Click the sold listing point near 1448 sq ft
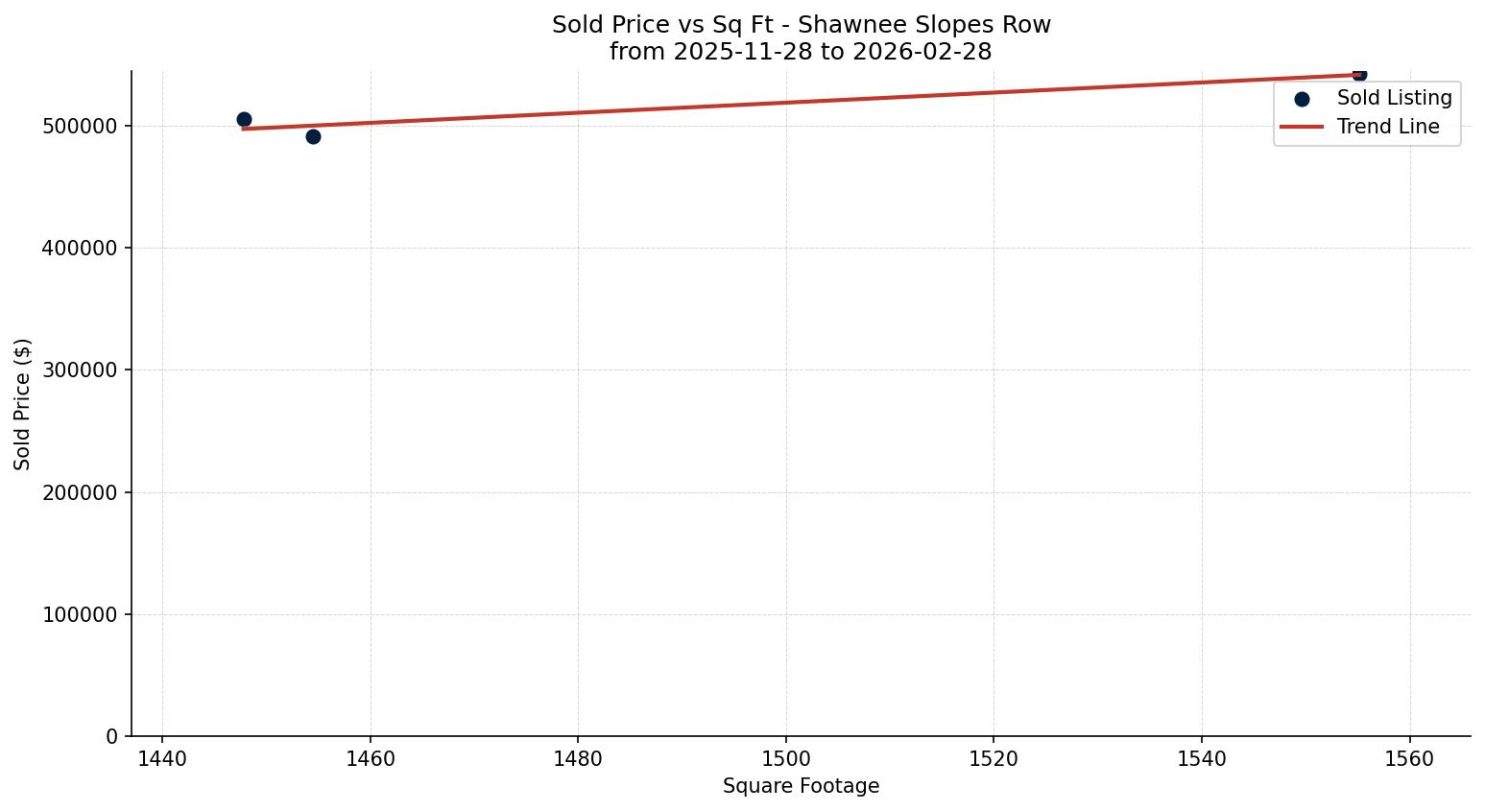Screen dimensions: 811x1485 coord(244,120)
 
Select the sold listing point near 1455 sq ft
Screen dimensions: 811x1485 coord(313,136)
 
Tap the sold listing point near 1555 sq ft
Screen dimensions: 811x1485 coord(1359,74)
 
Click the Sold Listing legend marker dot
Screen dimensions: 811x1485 coord(1302,99)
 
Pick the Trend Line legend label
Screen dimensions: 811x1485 coord(1388,127)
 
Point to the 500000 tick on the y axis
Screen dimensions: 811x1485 coord(81,126)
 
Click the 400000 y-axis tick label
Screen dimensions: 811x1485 coord(81,248)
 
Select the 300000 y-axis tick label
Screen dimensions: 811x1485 coord(81,370)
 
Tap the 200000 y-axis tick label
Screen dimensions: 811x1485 coord(81,492)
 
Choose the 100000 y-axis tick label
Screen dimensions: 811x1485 coord(81,614)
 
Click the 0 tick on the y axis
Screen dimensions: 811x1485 coord(112,736)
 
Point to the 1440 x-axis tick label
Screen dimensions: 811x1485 coord(162,759)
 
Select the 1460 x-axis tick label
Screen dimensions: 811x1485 coord(371,759)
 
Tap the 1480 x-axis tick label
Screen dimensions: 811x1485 coord(578,759)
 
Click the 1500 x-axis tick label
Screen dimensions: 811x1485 coord(786,759)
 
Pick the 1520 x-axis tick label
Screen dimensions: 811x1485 coord(994,759)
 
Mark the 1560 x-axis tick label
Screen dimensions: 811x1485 coord(1409,759)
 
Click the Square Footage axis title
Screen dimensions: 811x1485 coord(801,787)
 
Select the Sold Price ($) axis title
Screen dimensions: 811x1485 coord(23,404)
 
